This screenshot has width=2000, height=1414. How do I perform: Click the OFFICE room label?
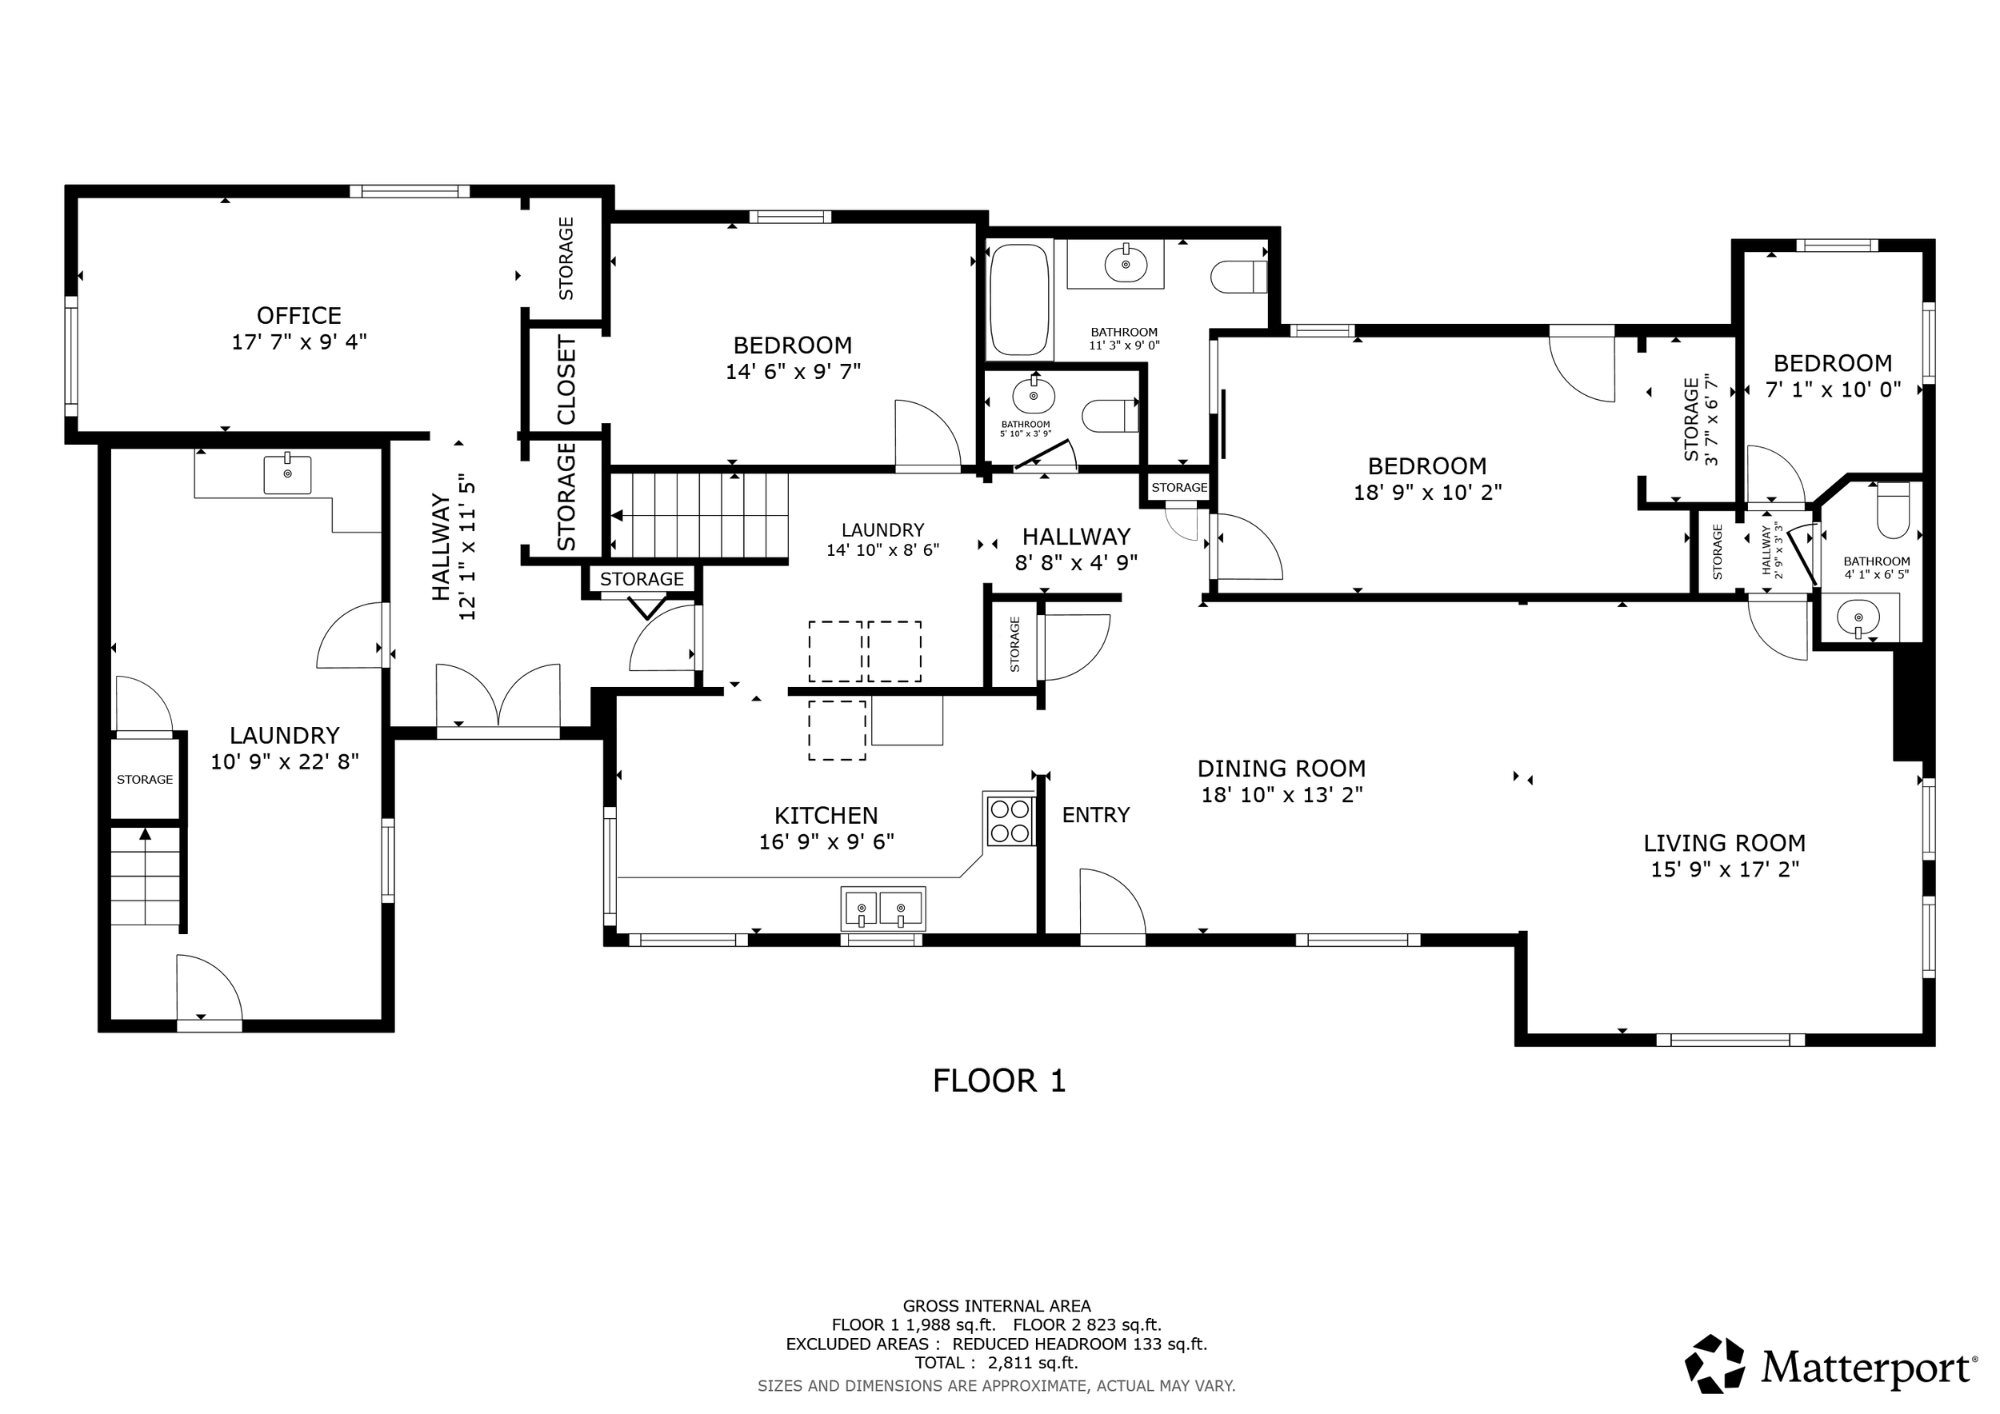(298, 315)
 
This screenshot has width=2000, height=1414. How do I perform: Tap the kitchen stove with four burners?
(1010, 821)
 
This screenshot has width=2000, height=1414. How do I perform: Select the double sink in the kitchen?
(882, 909)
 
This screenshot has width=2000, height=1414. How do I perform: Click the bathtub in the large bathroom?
(1019, 300)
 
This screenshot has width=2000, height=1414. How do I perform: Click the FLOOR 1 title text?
(999, 1081)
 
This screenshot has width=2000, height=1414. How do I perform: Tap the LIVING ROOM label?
(1725, 843)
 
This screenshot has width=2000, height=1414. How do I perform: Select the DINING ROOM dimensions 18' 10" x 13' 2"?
(1282, 795)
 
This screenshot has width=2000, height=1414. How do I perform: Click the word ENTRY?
(1096, 815)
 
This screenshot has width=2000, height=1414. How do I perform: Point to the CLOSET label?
(566, 380)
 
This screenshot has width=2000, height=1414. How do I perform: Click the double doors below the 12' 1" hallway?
(498, 697)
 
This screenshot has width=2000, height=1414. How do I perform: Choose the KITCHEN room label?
(826, 816)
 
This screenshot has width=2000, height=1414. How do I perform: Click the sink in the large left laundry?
(287, 473)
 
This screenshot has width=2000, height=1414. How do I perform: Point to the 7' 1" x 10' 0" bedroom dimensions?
(1833, 390)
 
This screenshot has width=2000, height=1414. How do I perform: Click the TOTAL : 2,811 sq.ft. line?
(997, 1363)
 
